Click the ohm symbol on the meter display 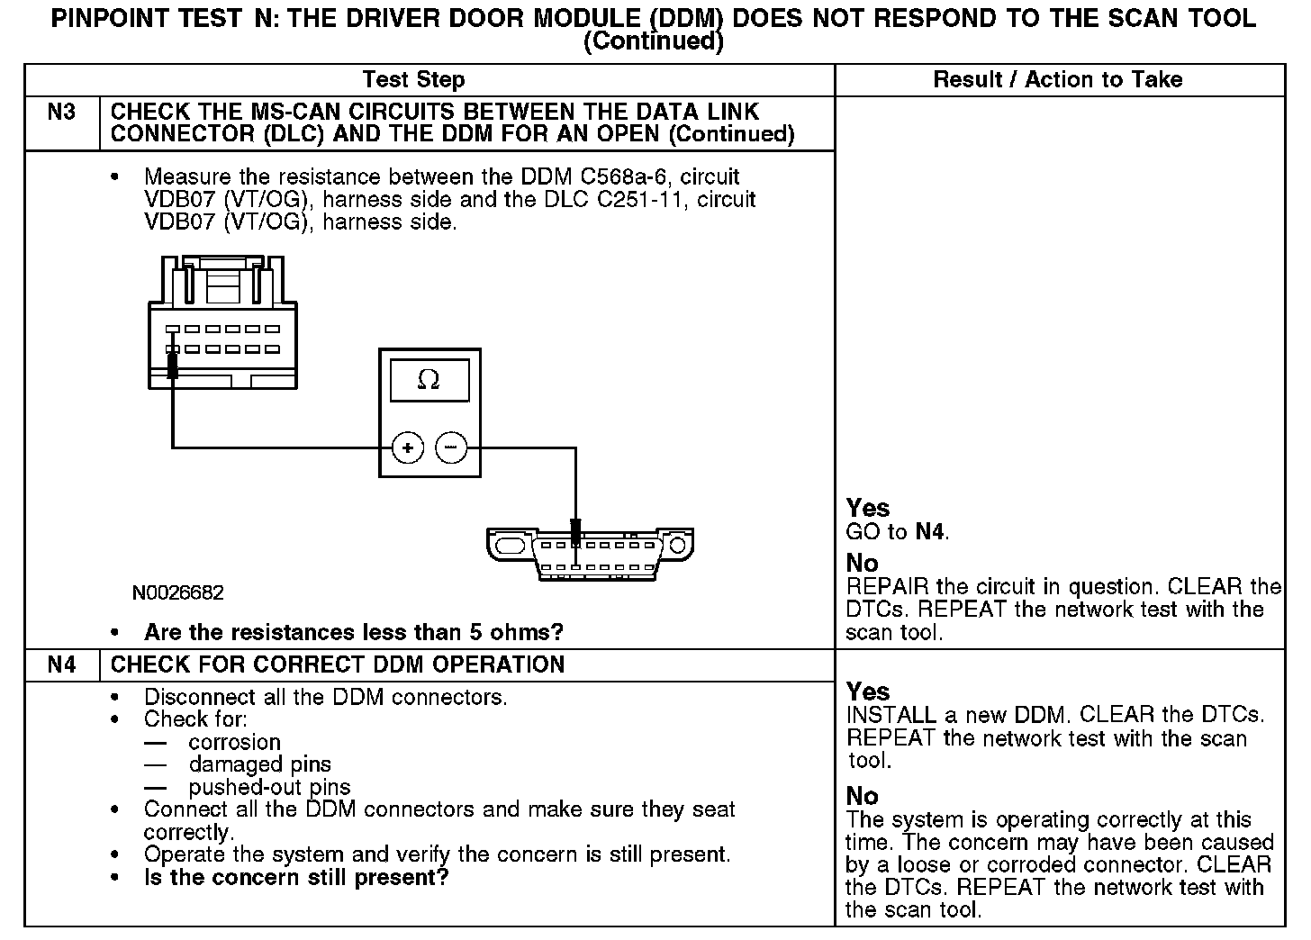point(429,380)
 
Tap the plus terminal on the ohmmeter point(408,447)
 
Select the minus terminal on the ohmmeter point(452,447)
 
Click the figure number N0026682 point(177,592)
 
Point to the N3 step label point(61,113)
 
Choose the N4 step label point(61,665)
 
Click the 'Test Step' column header point(413,79)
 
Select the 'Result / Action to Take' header point(1057,79)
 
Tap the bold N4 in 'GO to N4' point(930,531)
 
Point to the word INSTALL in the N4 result point(891,716)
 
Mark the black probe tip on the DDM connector point(171,365)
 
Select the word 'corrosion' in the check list point(234,743)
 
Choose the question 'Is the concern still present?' point(296,877)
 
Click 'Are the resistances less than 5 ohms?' point(353,632)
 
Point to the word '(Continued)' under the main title point(653,41)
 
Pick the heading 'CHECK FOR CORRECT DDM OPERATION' point(338,665)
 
